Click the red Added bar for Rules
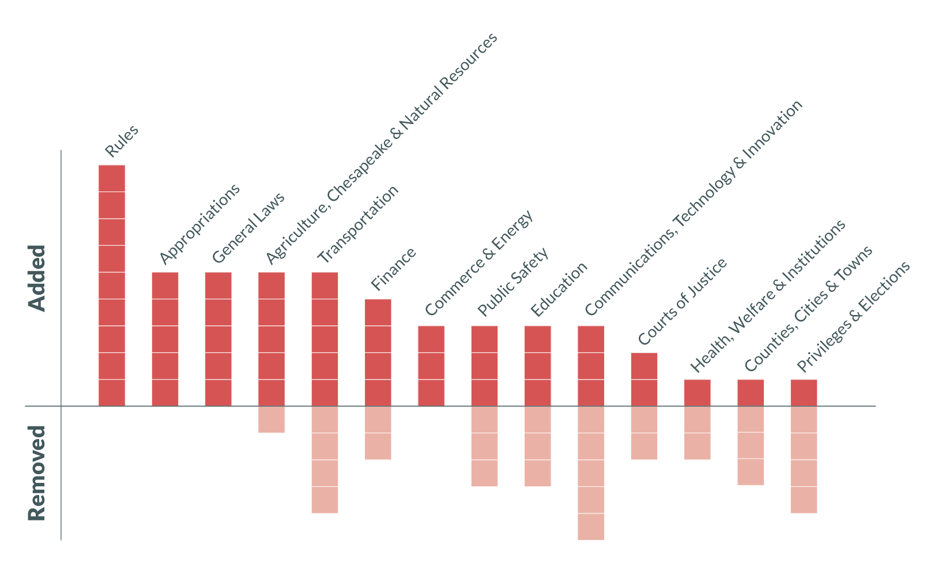(x=112, y=286)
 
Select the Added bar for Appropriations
(x=165, y=339)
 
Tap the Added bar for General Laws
(x=218, y=339)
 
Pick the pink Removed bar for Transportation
(x=325, y=460)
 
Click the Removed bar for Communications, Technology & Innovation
(x=591, y=473)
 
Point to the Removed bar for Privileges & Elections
(x=804, y=460)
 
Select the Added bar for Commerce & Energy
(x=431, y=366)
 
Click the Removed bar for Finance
(x=378, y=433)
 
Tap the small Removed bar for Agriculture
(x=272, y=419)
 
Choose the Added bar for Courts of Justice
(x=644, y=379)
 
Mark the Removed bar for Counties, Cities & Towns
(x=751, y=446)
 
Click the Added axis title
(x=37, y=278)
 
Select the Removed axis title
(x=37, y=473)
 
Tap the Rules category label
(x=122, y=141)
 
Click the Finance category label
(x=393, y=269)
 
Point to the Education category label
(x=559, y=289)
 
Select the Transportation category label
(x=358, y=224)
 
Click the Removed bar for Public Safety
(x=484, y=446)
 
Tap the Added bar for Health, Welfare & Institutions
(x=698, y=392)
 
